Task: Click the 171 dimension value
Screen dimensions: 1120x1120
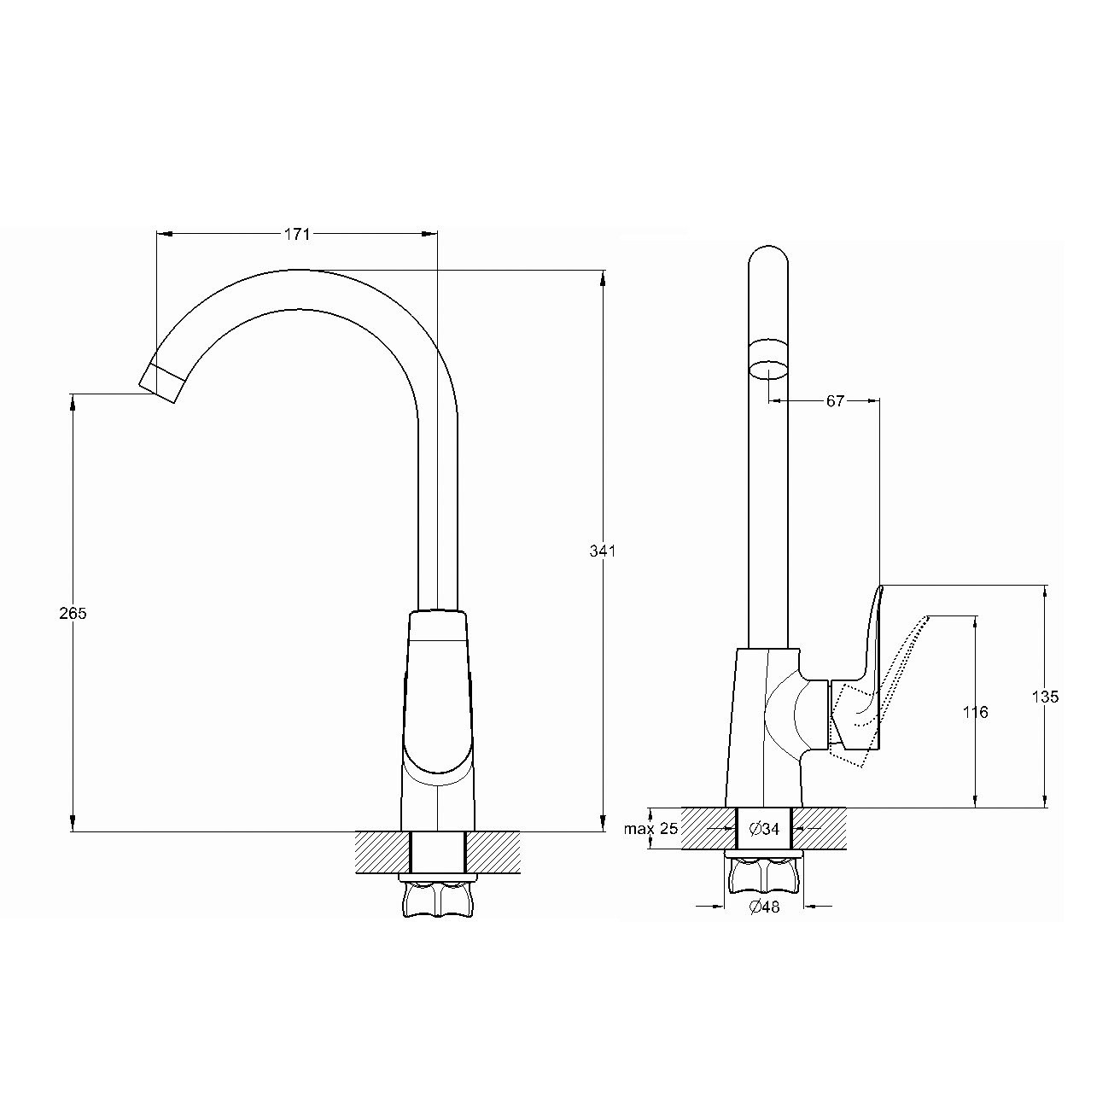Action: pyautogui.click(x=296, y=234)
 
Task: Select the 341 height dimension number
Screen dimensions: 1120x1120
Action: pyautogui.click(x=602, y=551)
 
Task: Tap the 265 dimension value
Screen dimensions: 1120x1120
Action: pyautogui.click(x=73, y=613)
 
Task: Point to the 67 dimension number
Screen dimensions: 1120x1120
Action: pyautogui.click(x=835, y=400)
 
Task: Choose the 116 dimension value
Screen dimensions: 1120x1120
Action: pyautogui.click(x=975, y=711)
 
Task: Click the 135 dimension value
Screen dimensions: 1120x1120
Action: pyautogui.click(x=1046, y=696)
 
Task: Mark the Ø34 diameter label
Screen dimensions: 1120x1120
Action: pyautogui.click(x=764, y=828)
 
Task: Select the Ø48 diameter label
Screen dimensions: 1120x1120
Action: pyautogui.click(x=764, y=906)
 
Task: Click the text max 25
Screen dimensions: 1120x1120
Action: pyautogui.click(x=651, y=828)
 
